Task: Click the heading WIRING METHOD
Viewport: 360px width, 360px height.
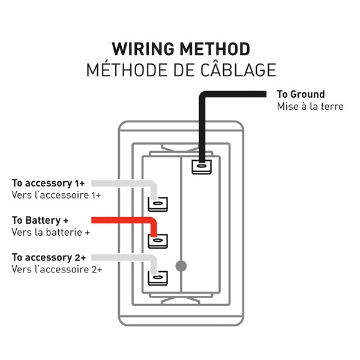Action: pos(181,49)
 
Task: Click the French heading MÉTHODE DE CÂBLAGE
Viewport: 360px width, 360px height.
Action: pos(181,70)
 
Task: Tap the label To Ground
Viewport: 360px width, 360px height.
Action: pos(301,94)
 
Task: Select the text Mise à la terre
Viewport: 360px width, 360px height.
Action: pos(310,106)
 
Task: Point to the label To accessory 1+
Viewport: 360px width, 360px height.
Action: pos(48,183)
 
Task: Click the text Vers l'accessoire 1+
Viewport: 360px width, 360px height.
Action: pos(56,195)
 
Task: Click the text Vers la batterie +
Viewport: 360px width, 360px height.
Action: pos(50,232)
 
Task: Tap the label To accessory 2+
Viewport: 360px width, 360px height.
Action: pos(48,257)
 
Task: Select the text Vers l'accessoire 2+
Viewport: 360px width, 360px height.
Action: pos(56,269)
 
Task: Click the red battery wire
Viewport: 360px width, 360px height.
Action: pos(120,220)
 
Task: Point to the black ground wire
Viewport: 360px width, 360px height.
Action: pos(234,95)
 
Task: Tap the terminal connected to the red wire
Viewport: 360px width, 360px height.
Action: pos(158,241)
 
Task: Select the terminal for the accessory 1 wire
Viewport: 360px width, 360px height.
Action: pos(158,204)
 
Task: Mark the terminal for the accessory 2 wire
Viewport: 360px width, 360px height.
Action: pos(158,278)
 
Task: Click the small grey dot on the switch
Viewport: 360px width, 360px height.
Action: pos(180,265)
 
